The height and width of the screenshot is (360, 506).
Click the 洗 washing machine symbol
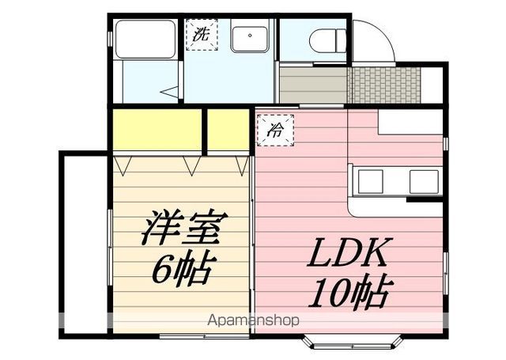[202, 35]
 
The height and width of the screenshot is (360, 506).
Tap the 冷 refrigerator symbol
[276, 131]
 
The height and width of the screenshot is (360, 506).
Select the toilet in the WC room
[327, 40]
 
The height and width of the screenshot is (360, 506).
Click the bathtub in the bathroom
[145, 40]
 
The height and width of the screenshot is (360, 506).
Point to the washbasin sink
[250, 39]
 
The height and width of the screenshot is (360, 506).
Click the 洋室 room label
[184, 228]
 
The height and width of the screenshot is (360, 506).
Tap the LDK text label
[350, 252]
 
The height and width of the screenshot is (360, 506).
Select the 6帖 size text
[183, 270]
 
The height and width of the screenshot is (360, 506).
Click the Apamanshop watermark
[253, 320]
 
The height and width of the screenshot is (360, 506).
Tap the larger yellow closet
[157, 130]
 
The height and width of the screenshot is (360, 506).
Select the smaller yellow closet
[228, 130]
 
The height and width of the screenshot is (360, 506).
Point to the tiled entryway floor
[386, 85]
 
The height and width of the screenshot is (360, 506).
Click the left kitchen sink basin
[371, 182]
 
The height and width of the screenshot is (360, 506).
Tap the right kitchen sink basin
[424, 182]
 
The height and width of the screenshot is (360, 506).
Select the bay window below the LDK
[353, 343]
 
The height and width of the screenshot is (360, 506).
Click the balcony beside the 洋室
[85, 244]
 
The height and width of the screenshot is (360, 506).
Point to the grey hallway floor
[313, 85]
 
